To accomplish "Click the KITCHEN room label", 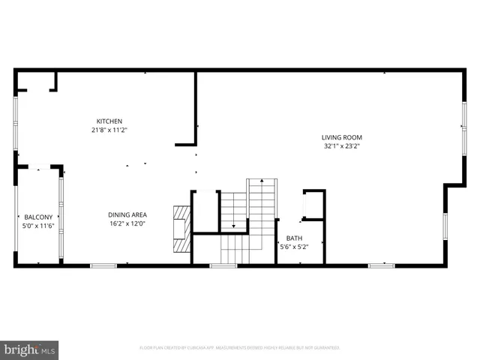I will click(x=109, y=121).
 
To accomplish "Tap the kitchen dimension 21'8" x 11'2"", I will click(x=109, y=130).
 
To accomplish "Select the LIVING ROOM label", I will click(x=342, y=137).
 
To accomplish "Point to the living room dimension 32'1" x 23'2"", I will click(x=342, y=146).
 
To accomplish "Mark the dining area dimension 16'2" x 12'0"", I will click(x=127, y=223).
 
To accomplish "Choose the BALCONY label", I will click(x=37, y=217).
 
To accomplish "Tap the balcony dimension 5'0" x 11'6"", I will click(x=37, y=225).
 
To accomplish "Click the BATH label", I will click(x=293, y=238).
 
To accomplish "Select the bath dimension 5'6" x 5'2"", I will click(x=293, y=246).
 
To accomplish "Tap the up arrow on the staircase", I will click(x=262, y=182).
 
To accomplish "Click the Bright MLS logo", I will click(x=30, y=349).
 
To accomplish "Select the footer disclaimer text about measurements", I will click(x=240, y=348).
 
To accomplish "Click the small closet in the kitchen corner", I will click(x=35, y=81).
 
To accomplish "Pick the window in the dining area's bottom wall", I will click(x=103, y=265).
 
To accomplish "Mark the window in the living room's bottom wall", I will click(x=381, y=265).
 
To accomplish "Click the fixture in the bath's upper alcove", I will click(x=312, y=205).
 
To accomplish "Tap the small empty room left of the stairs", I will click(x=205, y=211).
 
